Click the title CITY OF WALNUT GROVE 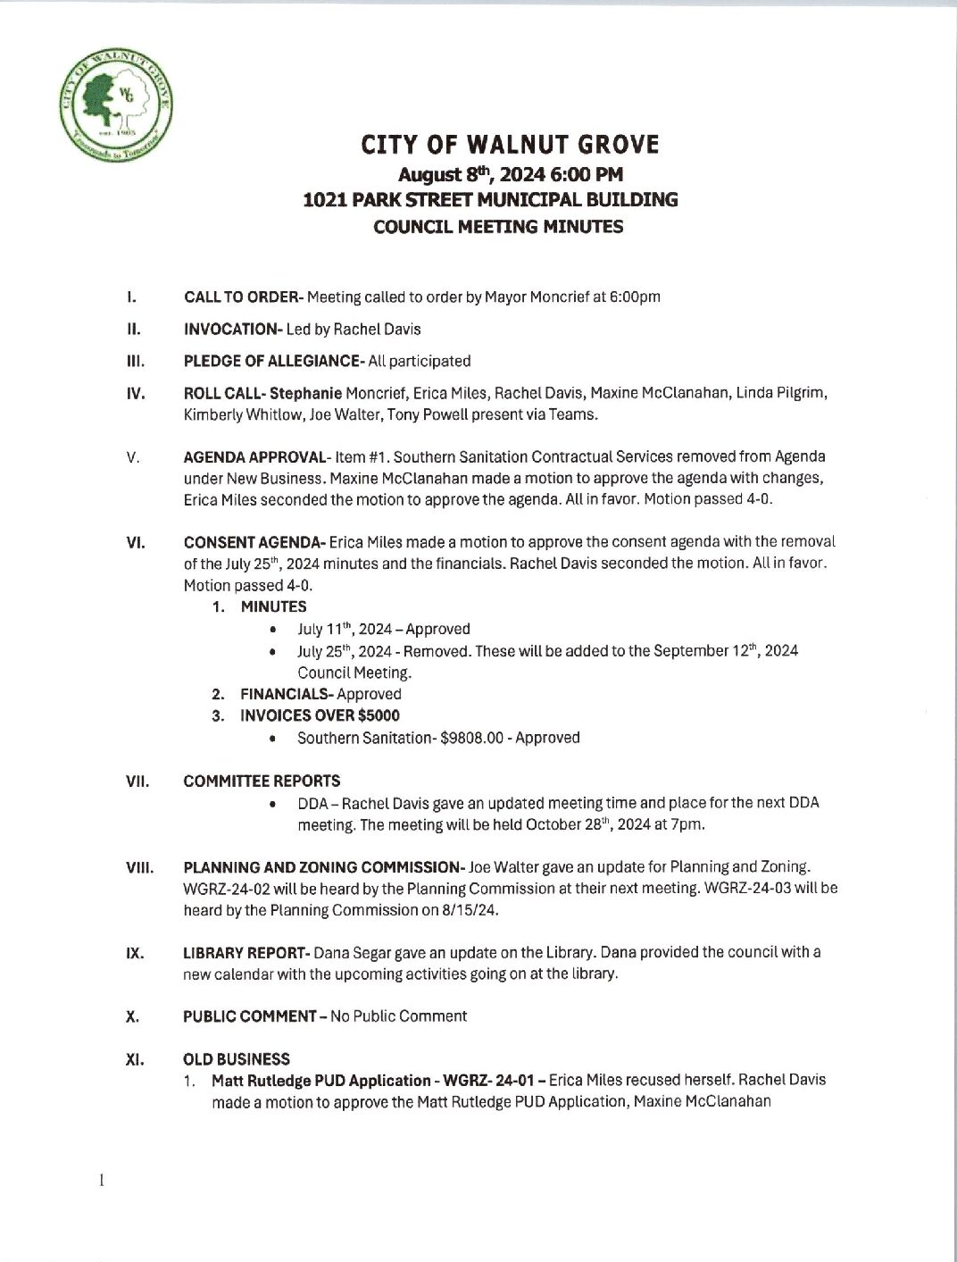coord(510,145)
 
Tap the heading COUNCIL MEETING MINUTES coord(498,227)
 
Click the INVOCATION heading coord(231,330)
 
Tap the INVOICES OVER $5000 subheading coord(320,715)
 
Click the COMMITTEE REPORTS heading coord(262,781)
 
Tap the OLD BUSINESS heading coord(237,1059)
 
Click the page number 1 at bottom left coord(103,1181)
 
